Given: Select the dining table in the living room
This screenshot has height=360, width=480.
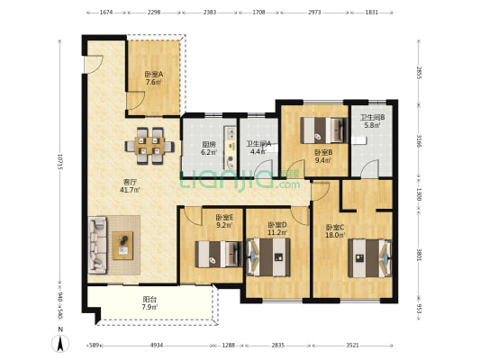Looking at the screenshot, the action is tap(149, 146).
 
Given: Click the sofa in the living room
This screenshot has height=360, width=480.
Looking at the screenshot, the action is tap(97, 245).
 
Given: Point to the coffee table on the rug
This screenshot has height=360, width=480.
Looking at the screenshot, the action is tap(122, 246).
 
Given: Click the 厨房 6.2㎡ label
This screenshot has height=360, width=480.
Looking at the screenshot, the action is tap(209, 148).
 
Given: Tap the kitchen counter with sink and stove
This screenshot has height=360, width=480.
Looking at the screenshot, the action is tap(230, 148).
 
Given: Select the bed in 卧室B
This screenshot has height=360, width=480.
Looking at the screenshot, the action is tap(323, 130).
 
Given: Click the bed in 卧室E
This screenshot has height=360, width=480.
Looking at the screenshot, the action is tap(219, 254).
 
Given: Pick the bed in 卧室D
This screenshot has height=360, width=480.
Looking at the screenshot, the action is tap(268, 256).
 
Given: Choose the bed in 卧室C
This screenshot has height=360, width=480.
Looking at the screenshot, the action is tap(370, 258).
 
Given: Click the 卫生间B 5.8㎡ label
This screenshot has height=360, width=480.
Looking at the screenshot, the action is tap(372, 121).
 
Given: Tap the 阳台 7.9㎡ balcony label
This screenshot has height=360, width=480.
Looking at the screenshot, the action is tap(150, 302).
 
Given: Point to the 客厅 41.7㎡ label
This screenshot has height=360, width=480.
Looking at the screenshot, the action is tap(130, 185).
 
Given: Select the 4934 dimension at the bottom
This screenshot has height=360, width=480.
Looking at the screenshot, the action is tap(157, 346).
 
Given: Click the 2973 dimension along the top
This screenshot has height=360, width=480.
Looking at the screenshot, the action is tap(314, 13).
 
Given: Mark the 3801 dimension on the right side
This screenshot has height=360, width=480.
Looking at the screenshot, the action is tap(419, 255).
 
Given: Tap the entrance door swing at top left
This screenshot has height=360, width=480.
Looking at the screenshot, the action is tap(94, 64).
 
